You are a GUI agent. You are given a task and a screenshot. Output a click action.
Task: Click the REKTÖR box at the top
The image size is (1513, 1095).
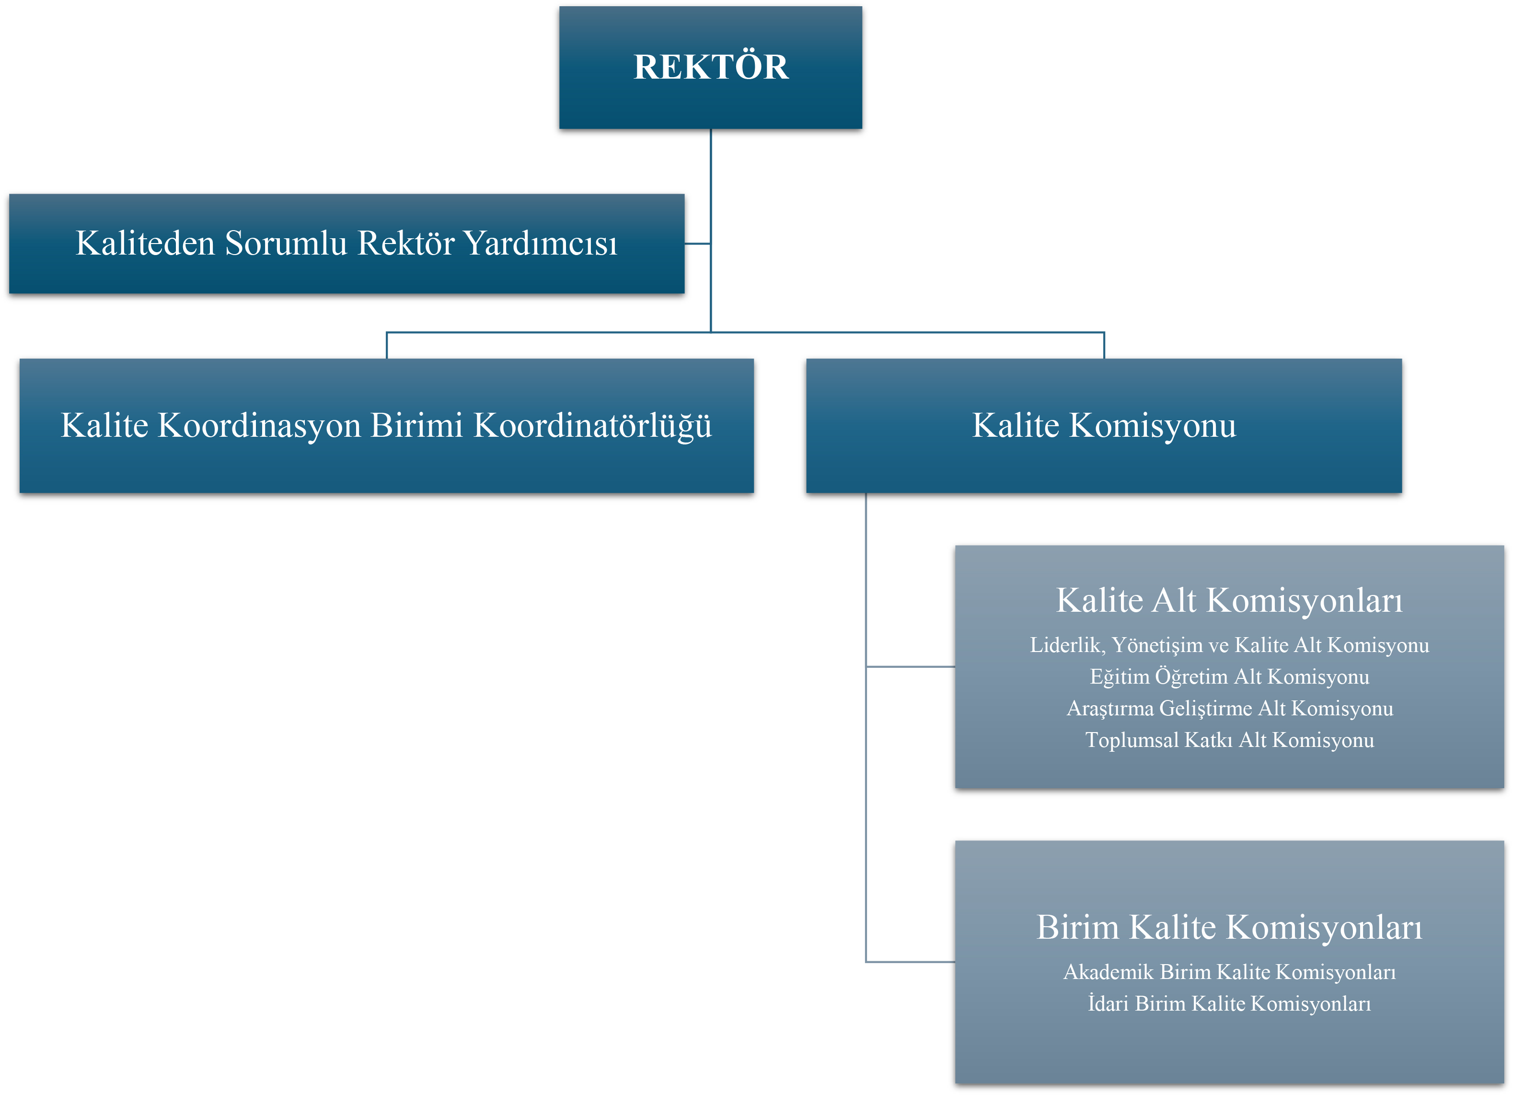710,68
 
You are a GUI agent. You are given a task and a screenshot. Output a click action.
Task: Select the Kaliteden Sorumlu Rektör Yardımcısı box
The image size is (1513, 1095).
347,244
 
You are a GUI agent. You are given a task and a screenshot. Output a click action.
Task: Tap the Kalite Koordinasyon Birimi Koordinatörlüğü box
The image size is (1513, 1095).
387,426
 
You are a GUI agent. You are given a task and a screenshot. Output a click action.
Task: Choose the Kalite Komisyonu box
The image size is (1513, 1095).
1104,426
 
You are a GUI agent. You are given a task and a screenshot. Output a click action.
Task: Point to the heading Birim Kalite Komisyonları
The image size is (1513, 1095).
1229,928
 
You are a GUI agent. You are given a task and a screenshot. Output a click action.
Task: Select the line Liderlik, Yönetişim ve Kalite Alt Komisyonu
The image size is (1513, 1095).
1229,645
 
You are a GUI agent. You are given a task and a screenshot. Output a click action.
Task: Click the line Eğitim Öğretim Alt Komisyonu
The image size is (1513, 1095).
1229,676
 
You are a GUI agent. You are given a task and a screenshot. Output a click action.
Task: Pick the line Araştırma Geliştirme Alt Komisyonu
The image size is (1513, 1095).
1229,708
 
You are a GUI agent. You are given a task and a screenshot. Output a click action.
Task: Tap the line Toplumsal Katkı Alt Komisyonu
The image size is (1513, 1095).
1229,740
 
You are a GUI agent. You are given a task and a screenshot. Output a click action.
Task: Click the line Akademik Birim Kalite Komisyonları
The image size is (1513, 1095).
1229,972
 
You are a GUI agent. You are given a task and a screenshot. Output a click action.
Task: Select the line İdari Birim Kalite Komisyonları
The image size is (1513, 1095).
1229,1003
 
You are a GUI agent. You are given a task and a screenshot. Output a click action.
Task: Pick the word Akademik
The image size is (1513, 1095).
1108,972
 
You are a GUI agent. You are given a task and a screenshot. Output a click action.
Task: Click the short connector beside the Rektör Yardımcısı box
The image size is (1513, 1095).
698,244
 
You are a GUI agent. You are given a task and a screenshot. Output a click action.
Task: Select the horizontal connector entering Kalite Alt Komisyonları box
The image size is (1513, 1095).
911,666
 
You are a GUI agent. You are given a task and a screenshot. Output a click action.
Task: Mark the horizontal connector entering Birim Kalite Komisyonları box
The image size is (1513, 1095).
911,962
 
